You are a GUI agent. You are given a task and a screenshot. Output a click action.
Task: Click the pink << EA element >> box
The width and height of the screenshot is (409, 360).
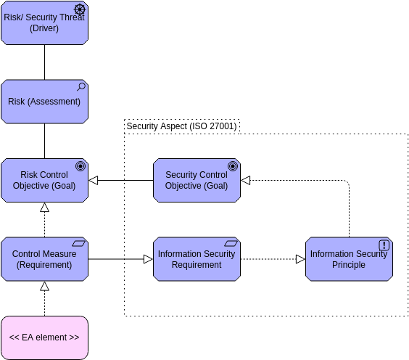44,337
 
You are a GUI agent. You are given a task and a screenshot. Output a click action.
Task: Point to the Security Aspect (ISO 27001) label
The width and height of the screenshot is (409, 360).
181,126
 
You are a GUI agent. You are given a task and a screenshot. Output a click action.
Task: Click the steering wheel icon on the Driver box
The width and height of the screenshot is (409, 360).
80,9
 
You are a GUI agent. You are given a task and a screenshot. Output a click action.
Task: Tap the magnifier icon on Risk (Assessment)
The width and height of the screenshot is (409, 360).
80,87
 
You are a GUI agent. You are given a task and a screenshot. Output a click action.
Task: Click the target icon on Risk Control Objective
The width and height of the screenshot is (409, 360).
80,166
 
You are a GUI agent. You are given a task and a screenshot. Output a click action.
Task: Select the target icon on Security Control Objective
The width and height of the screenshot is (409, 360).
233,166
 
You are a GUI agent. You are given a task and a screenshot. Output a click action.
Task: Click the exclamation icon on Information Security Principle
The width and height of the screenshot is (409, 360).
384,245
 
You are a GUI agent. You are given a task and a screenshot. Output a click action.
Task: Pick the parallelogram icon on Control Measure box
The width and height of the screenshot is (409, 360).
79,244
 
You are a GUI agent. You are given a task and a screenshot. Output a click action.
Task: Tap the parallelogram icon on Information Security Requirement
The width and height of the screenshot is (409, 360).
231,244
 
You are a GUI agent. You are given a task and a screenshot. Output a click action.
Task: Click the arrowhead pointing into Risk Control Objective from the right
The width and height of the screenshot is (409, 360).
93,180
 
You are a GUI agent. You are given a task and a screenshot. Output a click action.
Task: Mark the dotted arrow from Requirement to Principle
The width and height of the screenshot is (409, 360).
268,259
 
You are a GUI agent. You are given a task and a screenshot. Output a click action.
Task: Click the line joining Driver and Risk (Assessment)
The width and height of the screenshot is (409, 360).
44,62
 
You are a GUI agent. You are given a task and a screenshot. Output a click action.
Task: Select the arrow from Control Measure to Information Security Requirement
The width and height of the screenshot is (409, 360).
120,259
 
